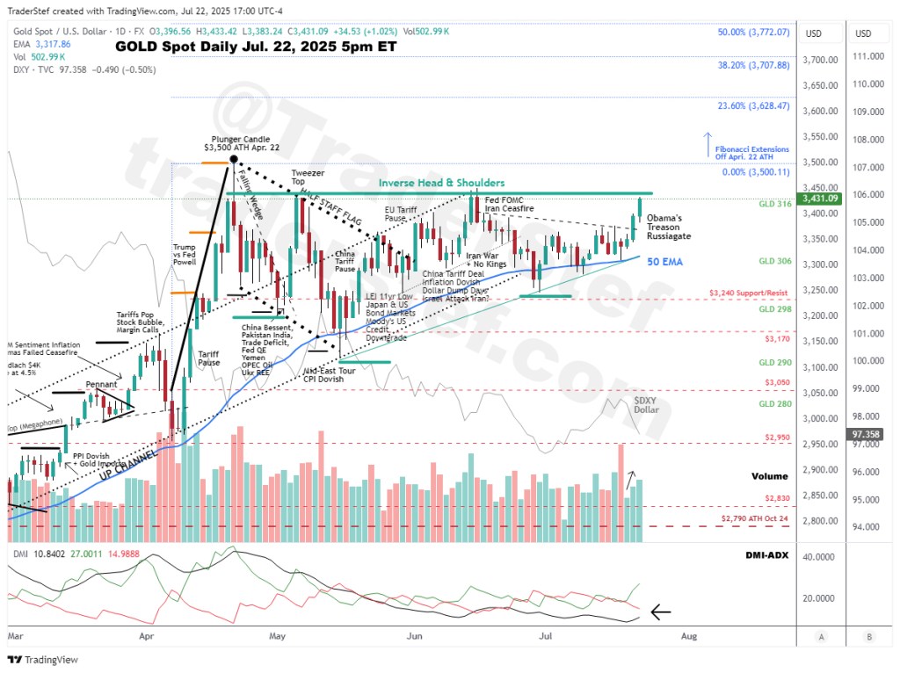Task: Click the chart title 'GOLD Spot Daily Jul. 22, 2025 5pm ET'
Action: (x=256, y=46)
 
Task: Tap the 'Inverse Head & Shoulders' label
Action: (x=441, y=183)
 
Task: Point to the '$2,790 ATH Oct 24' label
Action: (x=752, y=519)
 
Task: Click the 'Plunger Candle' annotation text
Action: (x=240, y=139)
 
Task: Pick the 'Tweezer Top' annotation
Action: (x=304, y=177)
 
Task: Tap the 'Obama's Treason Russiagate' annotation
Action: (x=669, y=227)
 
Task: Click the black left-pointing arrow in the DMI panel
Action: (x=660, y=611)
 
